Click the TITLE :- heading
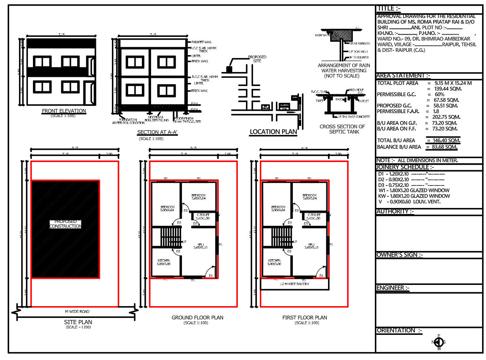(389, 8)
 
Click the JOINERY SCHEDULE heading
(405, 167)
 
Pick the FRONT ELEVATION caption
(64, 111)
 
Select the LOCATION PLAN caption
(273, 132)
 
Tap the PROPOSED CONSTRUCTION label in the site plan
(65, 224)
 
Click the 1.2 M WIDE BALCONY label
(295, 284)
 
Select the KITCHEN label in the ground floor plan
(164, 262)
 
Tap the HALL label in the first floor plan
(312, 246)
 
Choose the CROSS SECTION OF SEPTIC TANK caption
(342, 129)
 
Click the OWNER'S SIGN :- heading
(399, 254)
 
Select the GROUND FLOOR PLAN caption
(197, 318)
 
